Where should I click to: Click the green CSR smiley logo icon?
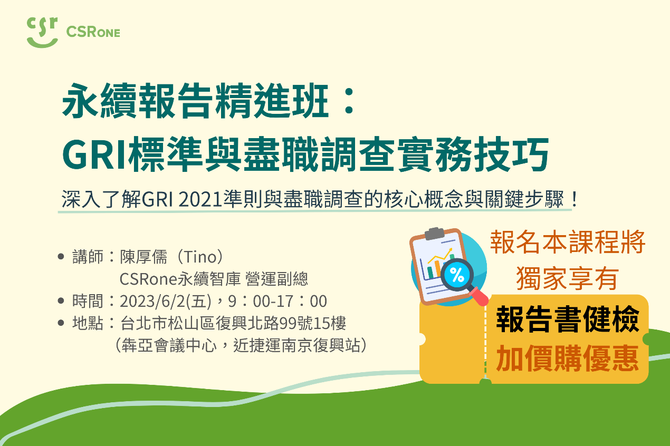[42, 32]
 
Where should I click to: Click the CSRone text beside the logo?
[93, 32]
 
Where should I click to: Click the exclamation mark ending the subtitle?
[575, 200]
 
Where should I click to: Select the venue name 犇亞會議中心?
[168, 346]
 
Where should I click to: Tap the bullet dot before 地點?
[61, 323]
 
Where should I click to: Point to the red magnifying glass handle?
[480, 296]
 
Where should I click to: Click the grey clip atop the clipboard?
[435, 232]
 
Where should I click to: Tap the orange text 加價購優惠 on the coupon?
[567, 359]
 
